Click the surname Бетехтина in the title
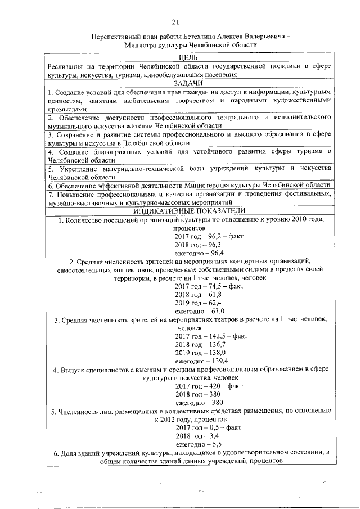point(190,35)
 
